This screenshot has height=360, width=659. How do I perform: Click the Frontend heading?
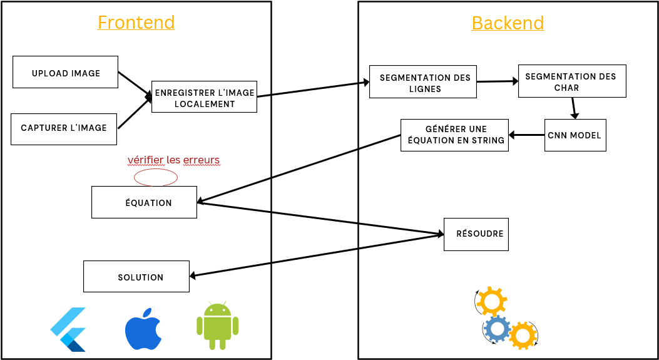(x=136, y=23)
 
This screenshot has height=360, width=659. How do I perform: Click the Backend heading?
(x=508, y=24)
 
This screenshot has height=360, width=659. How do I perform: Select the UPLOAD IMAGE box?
(x=66, y=72)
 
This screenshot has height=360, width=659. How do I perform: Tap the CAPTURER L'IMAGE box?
(x=64, y=129)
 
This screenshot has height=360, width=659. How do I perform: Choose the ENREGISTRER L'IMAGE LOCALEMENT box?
(x=204, y=98)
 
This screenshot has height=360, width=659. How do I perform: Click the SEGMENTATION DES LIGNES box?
(x=422, y=82)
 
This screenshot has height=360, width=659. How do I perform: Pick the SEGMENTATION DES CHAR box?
(x=571, y=81)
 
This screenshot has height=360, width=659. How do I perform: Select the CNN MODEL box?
(x=575, y=135)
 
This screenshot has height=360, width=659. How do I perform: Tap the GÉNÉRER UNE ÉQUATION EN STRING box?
(x=454, y=135)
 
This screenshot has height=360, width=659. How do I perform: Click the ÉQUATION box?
(x=144, y=202)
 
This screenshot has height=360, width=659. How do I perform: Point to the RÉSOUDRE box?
(x=476, y=234)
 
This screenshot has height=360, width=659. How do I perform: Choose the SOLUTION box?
(x=136, y=277)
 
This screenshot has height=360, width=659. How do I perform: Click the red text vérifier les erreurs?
(x=173, y=160)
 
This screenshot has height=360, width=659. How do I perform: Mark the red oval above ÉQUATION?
(x=156, y=177)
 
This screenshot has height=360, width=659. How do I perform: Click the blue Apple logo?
(x=143, y=329)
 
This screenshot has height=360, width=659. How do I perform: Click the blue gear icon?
(x=497, y=328)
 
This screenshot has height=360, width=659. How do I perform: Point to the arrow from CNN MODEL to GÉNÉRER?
(x=526, y=135)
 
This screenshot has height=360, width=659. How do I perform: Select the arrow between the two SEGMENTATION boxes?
(x=498, y=81)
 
